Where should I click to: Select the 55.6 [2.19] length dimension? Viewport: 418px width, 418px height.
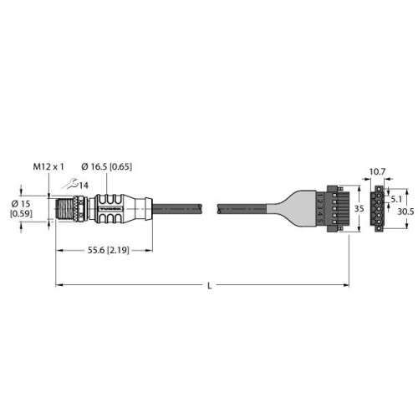click(104, 250)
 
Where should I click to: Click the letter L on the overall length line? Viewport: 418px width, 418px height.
click(208, 286)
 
